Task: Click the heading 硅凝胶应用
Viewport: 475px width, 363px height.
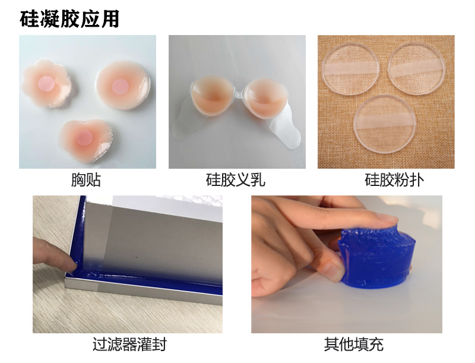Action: (69, 18)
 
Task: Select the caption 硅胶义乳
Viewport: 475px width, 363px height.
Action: (236, 179)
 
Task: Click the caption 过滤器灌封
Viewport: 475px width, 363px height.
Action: (130, 344)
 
